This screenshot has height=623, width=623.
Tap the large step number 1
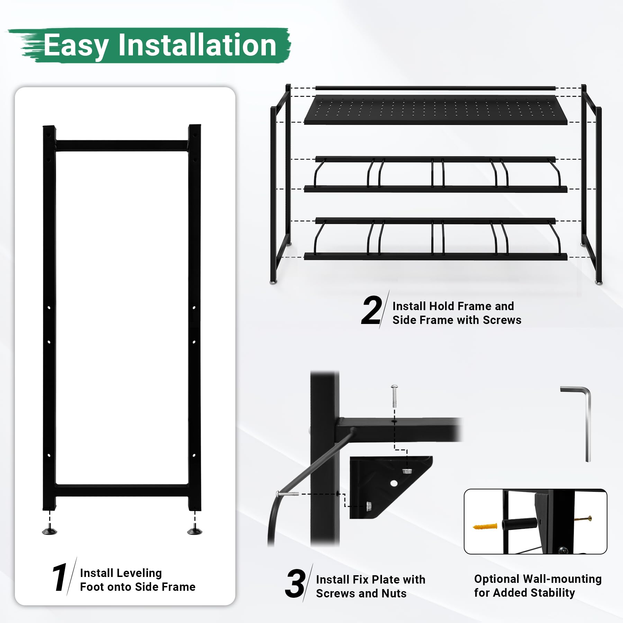click(x=60, y=578)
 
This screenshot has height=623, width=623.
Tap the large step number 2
click(x=371, y=310)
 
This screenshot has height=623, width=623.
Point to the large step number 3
click(x=295, y=584)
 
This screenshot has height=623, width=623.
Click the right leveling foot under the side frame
click(x=195, y=531)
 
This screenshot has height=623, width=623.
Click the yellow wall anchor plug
click(x=485, y=527)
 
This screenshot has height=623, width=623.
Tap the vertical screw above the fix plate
click(x=394, y=396)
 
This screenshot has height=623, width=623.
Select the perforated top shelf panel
click(x=436, y=110)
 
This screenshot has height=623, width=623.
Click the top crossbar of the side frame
click(x=122, y=145)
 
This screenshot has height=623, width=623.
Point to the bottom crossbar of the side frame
click(x=122, y=490)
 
